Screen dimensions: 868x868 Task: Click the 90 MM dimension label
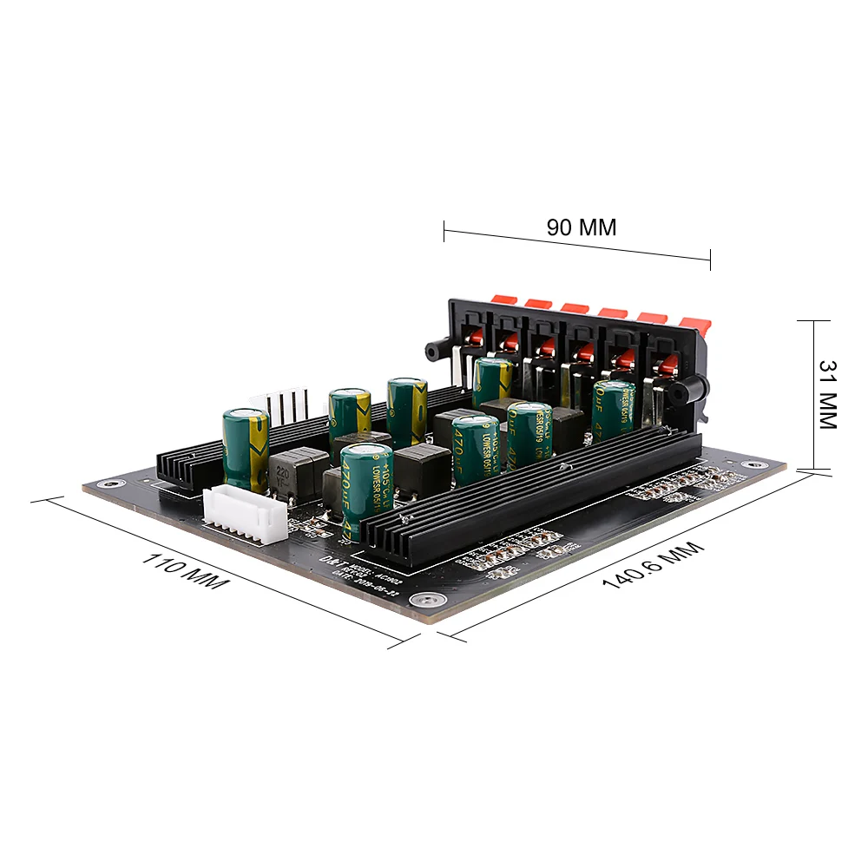point(581,227)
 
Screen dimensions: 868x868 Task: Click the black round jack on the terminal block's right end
point(682,393)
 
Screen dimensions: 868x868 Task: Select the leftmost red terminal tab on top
point(503,299)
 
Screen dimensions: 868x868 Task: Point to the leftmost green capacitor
point(246,450)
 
